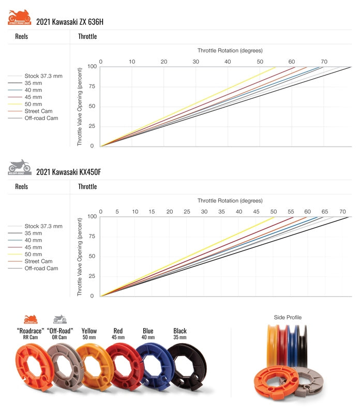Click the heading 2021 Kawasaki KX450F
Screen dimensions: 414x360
69,172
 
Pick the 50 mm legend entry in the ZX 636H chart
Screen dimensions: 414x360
33,104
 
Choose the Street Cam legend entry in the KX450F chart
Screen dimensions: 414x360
38,261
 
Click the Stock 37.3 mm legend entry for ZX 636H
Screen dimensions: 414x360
43,76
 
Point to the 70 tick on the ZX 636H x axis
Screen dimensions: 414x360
323,62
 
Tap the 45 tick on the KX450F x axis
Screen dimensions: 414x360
256,212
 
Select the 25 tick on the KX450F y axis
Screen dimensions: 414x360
92,276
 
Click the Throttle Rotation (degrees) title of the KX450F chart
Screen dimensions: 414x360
230,200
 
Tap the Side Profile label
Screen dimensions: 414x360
288,317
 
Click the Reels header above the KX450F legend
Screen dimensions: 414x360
22,186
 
